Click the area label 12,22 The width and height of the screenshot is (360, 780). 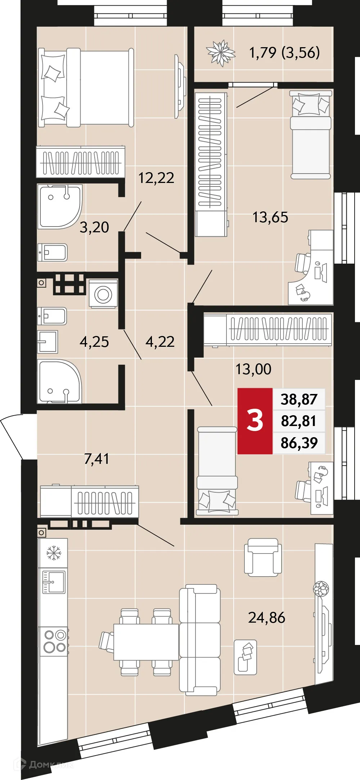point(156,178)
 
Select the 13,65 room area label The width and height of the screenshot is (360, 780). point(270,218)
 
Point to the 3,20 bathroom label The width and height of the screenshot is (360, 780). point(94,227)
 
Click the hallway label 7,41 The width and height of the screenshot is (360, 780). point(96,459)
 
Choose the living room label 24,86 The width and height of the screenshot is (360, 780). point(266,618)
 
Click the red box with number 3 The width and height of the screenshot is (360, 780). point(255,421)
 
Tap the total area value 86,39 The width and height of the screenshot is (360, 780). point(299,443)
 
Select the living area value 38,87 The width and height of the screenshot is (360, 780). point(299,399)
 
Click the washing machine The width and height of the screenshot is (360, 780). point(103,294)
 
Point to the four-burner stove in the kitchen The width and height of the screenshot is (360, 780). point(55,641)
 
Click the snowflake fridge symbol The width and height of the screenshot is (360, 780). point(54,552)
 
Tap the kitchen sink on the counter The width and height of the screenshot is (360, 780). point(54,582)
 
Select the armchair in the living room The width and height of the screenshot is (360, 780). point(263,557)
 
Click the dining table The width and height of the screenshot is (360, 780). point(146,642)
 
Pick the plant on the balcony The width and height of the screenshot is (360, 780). point(221,53)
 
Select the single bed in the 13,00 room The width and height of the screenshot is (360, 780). point(217,470)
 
